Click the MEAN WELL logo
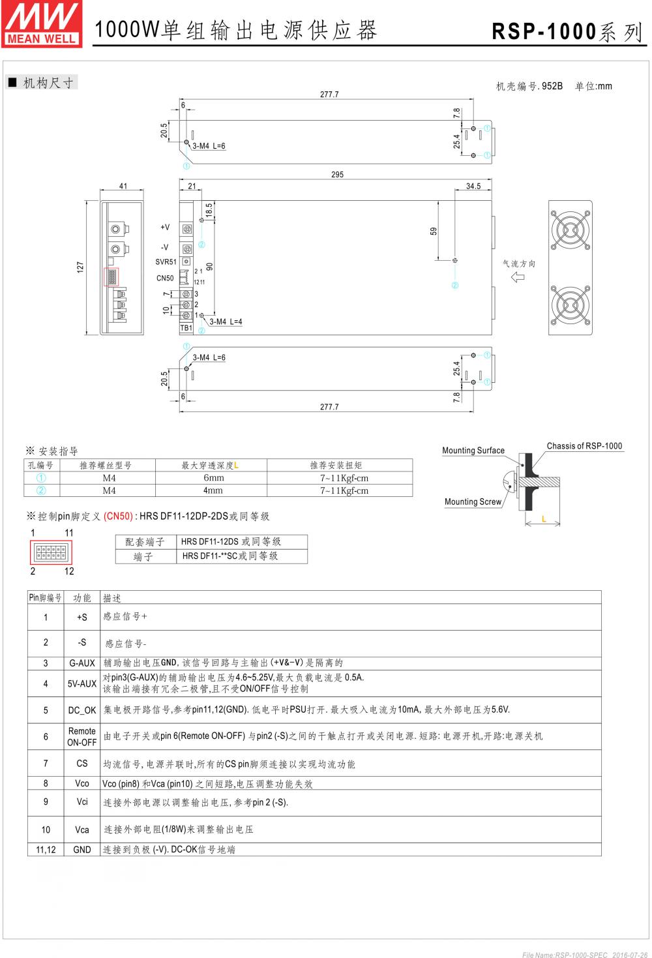pos(41,23)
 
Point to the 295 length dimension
pos(337,174)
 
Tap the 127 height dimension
pos(81,267)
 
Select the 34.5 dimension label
pos(473,187)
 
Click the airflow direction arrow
pos(518,277)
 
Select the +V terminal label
pos(165,228)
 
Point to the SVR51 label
pos(166,262)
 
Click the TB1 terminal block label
pos(186,329)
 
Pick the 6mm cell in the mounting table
pos(213,478)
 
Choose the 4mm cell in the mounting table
pos(213,490)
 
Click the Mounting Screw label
pos(473,502)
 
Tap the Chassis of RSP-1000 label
pos(584,446)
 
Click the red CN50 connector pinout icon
pos(52,552)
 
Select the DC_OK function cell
pos(82,710)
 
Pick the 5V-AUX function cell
pos(82,683)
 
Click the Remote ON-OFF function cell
pos(82,737)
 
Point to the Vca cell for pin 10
pos(82,830)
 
